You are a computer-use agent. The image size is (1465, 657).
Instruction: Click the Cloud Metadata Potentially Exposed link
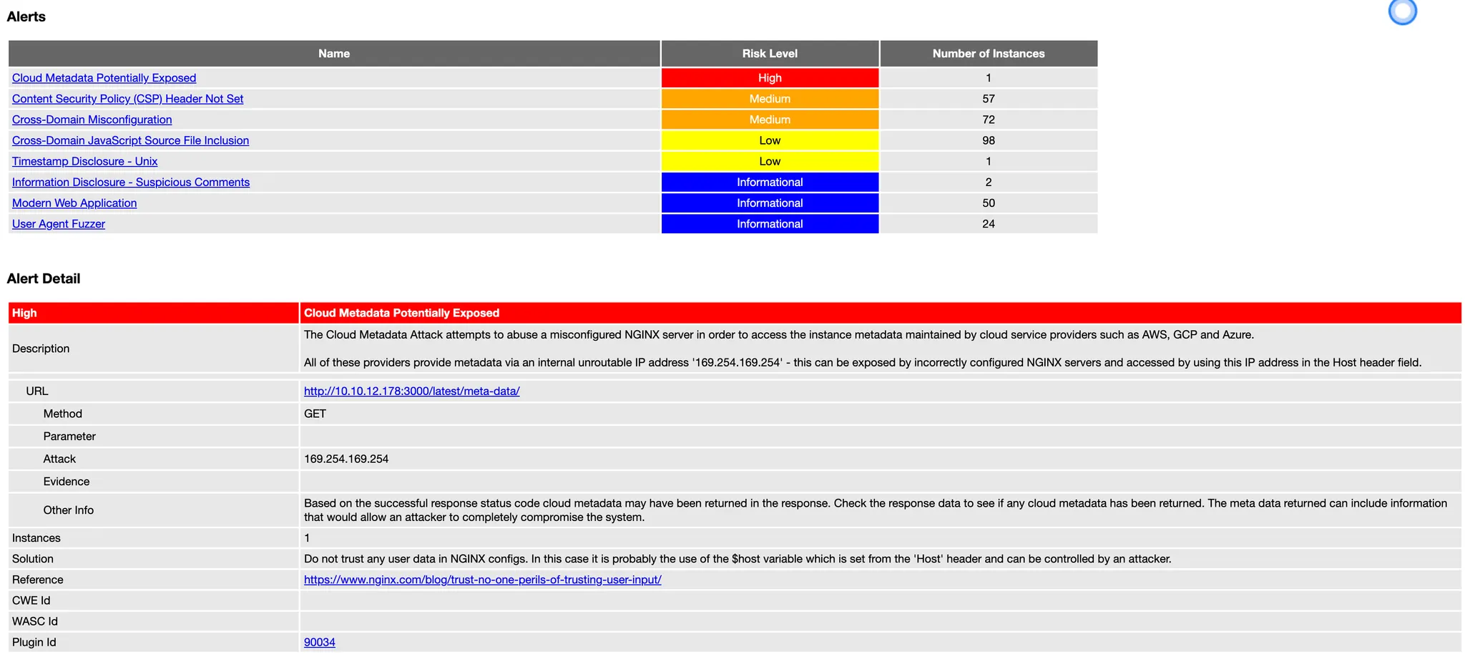(104, 78)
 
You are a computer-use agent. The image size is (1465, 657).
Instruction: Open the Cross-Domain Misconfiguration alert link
(92, 120)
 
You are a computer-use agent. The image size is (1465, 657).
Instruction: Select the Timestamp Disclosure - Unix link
(84, 162)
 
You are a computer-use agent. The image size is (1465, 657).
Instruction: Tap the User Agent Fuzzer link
(58, 224)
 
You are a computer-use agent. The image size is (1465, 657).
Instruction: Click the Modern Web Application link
(74, 203)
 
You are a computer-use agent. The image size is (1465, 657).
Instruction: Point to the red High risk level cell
(770, 78)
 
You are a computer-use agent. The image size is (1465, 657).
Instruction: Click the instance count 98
(988, 140)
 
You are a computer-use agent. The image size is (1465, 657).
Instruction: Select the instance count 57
(988, 99)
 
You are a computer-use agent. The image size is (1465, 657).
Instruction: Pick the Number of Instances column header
(988, 54)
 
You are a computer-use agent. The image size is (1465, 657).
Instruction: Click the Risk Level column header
(769, 54)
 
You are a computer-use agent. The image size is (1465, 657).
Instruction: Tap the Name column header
(333, 54)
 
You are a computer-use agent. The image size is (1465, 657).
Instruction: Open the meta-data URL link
(411, 391)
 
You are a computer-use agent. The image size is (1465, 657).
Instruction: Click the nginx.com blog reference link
(482, 580)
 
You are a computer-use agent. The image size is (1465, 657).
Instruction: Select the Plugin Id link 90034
(319, 643)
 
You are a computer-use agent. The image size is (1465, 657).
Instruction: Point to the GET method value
(315, 414)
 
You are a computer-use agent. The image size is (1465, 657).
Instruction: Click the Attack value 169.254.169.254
(346, 459)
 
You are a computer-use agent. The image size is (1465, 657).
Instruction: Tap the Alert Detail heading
(44, 279)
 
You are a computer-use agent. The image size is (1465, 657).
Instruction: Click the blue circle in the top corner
(1402, 11)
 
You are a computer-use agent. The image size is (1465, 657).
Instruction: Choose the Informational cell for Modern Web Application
(770, 203)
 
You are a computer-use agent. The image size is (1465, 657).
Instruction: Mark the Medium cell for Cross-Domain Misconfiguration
(770, 120)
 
